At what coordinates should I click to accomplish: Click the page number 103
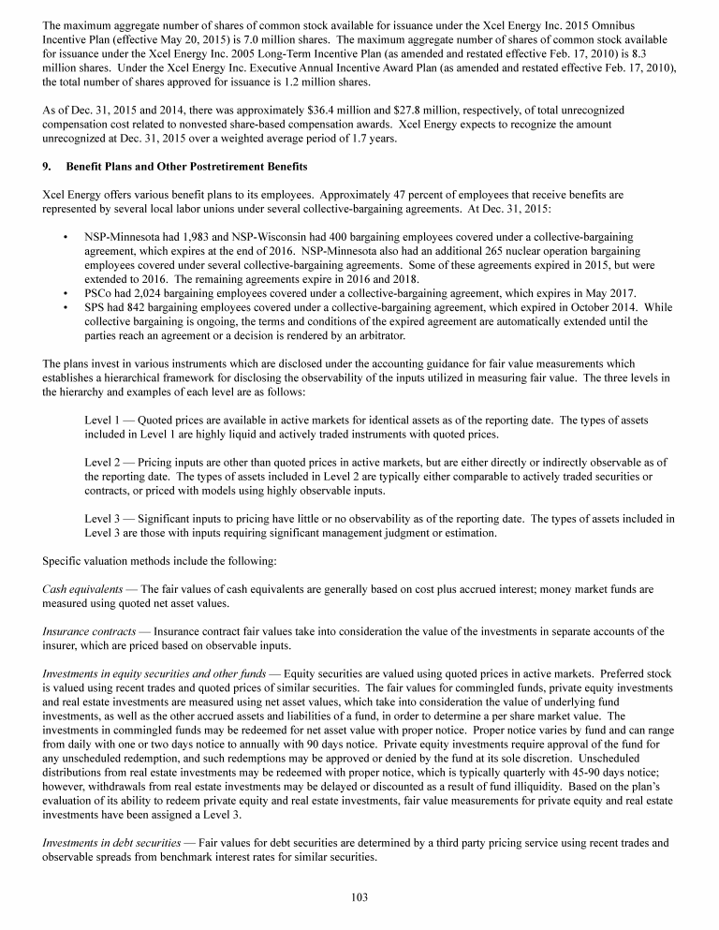point(359,896)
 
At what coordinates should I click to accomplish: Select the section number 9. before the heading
point(49,167)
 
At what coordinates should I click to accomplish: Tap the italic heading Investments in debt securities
point(110,842)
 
